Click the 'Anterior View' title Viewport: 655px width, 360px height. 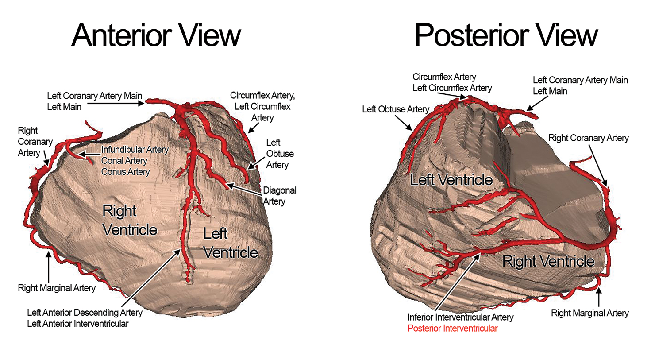tap(156, 35)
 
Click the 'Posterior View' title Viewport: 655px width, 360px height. tap(506, 35)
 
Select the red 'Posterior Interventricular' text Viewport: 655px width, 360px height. tap(452, 329)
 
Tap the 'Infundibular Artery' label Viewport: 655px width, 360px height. tap(135, 150)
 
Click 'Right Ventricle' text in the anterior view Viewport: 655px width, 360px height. tap(129, 220)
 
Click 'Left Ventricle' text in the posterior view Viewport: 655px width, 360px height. tap(451, 180)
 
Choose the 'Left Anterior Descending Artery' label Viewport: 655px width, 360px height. tap(85, 313)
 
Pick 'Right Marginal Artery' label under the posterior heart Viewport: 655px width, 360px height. tap(589, 313)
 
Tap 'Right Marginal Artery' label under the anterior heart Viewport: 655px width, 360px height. tap(57, 288)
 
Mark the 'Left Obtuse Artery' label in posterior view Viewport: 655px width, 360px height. tap(395, 109)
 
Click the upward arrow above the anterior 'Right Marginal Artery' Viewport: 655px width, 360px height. tap(48, 266)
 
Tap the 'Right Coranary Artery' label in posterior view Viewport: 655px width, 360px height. tap(588, 138)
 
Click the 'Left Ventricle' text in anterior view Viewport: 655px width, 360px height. tap(230, 243)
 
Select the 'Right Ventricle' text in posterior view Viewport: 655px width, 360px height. tap(548, 261)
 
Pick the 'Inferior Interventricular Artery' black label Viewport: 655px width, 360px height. tap(460, 317)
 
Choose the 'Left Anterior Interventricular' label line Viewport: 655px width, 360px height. tap(77, 324)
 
